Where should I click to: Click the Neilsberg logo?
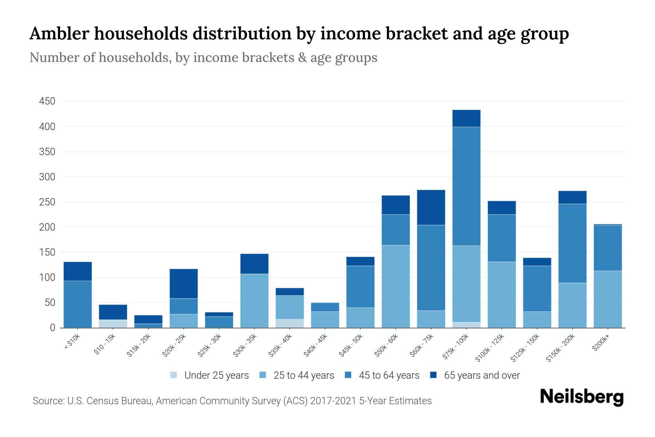pos(581,397)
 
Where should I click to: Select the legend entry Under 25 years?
pos(210,375)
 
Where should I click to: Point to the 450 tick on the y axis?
pos(47,101)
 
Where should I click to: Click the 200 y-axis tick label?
pos(47,227)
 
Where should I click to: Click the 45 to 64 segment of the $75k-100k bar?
pos(466,186)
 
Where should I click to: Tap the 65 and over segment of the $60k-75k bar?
pos(431,207)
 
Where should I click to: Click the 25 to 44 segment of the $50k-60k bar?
pos(396,286)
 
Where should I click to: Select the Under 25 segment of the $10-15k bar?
pos(113,323)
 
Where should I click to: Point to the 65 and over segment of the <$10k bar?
pos(78,271)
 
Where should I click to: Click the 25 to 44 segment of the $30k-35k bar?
pos(254,300)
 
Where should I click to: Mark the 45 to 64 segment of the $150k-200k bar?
pos(572,243)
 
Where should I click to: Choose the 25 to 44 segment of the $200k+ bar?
pos(607,299)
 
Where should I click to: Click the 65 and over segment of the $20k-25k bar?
pos(183,284)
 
